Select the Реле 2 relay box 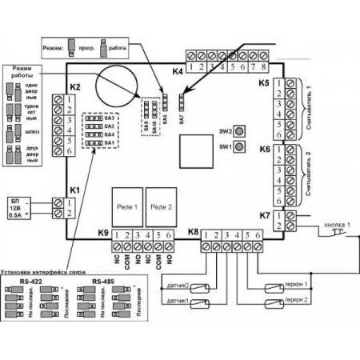[162, 205]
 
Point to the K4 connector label [178, 71]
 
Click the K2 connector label [74, 86]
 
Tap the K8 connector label [192, 233]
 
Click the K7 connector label [265, 214]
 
